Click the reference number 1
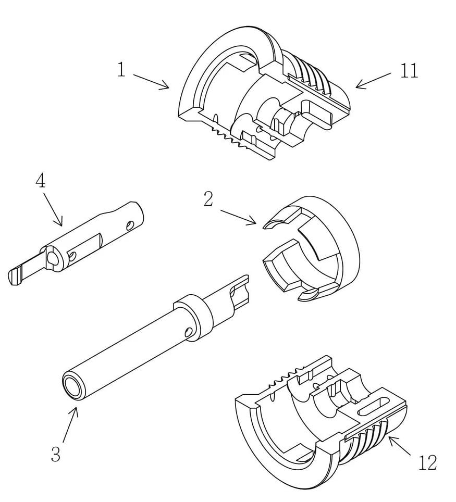[x=121, y=69]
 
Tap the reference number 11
[x=409, y=70]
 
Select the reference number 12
[x=427, y=462]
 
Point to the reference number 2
[x=208, y=199]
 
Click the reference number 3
[x=56, y=454]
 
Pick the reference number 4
[x=40, y=182]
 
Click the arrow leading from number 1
[x=151, y=82]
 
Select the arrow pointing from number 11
[x=373, y=80]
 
